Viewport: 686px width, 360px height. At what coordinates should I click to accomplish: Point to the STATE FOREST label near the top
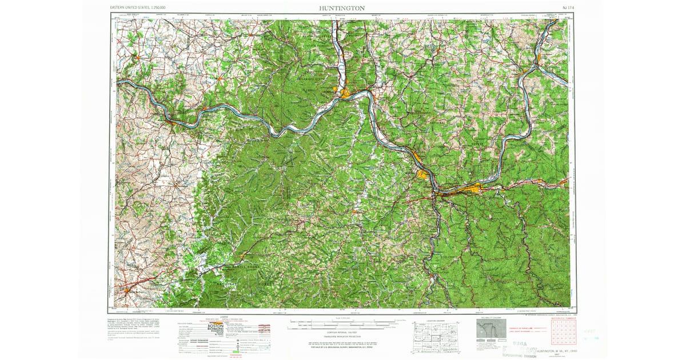[317, 45]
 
